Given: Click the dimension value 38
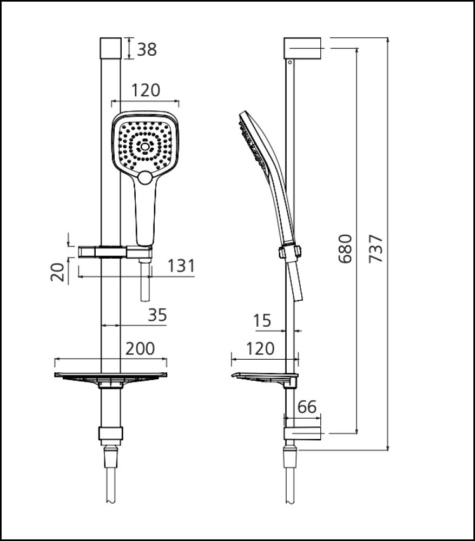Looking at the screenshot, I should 147,49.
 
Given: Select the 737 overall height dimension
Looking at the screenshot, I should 377,248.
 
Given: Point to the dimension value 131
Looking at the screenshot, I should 181,266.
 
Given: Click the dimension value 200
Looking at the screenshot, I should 140,348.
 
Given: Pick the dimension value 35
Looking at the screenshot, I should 157,315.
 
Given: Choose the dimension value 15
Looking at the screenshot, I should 262,321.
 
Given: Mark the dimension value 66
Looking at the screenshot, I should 307,407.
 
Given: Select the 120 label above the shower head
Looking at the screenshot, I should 146,90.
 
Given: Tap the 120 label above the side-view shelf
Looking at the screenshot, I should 260,348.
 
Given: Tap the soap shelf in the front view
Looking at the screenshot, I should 111,375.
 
